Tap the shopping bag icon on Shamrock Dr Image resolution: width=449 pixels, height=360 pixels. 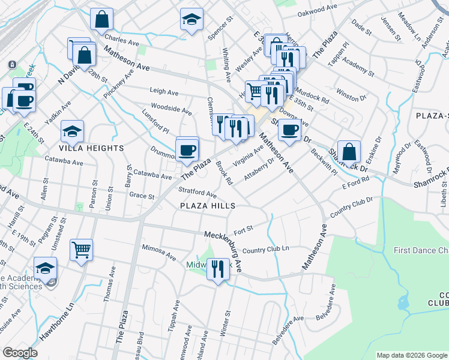click(349, 151)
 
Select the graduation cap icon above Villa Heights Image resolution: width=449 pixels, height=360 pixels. click(72, 131)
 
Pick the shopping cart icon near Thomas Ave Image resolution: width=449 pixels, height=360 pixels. click(81, 249)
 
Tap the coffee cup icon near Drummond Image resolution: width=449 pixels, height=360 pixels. click(187, 150)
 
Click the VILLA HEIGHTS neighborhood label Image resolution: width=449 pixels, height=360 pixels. click(91, 148)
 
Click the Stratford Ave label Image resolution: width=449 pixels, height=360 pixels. click(197, 193)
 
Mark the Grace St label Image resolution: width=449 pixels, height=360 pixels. click(142, 196)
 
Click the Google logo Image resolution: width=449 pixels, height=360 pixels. click(20, 353)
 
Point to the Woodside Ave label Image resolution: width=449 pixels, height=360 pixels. click(171, 110)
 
